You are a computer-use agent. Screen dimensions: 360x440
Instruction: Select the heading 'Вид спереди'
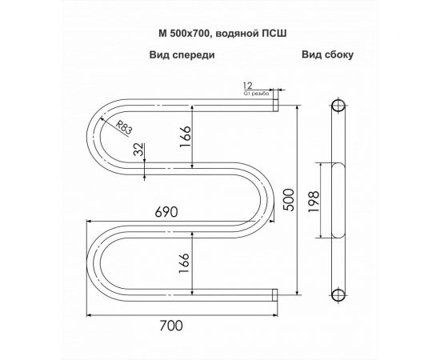[181, 56]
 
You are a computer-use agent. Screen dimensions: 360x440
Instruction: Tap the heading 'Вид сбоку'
[328, 56]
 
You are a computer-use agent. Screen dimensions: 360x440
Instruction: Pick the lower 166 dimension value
[185, 260]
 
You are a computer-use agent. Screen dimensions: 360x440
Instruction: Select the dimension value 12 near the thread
[248, 85]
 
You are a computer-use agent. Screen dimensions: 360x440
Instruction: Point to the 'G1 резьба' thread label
[254, 93]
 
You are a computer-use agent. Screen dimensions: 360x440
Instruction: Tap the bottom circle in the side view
[338, 296]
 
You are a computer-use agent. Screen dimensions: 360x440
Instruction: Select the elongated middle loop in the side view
[338, 200]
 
